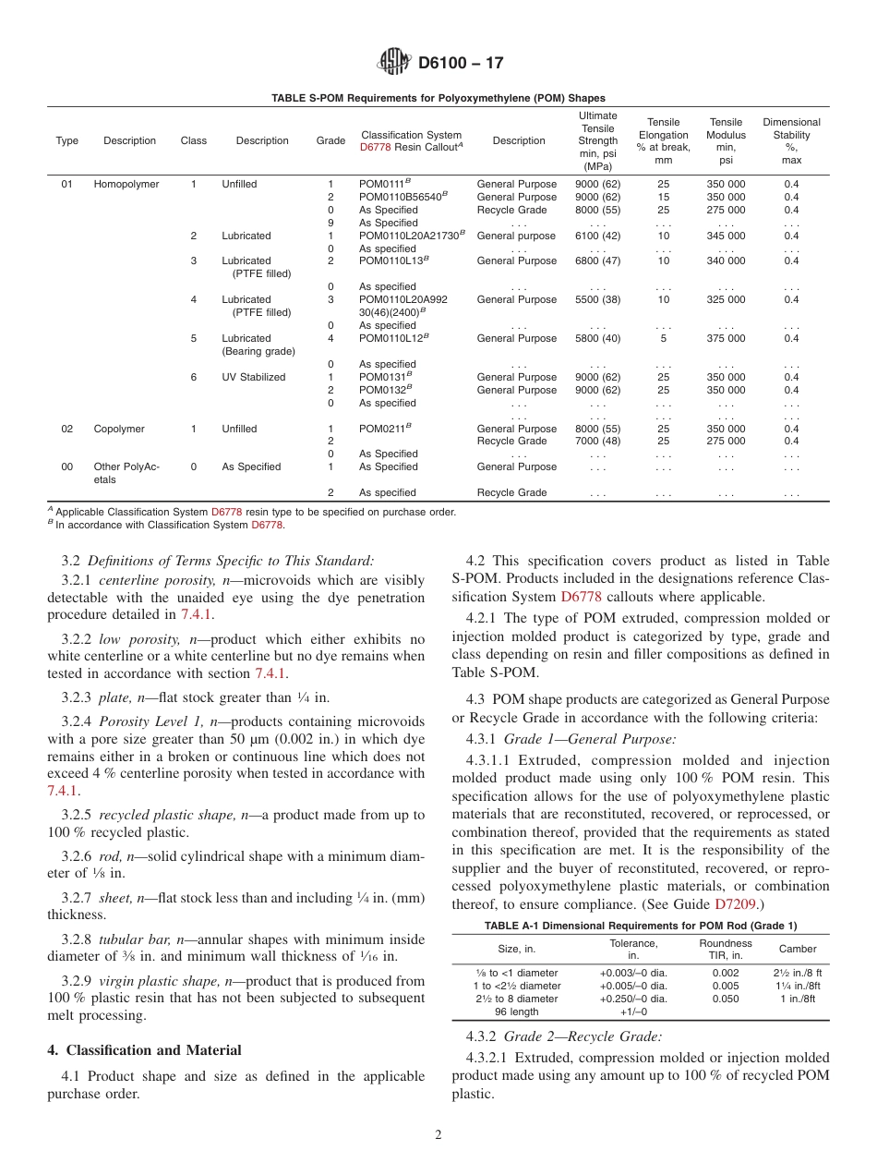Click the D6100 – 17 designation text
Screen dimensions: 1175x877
pos(461,64)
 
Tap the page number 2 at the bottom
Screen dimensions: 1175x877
pos(438,1135)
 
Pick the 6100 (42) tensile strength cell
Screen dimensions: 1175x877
pos(598,236)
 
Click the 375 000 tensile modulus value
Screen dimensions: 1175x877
pos(726,338)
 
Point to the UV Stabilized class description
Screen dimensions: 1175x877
pos(253,377)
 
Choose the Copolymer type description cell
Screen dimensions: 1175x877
pos(116,429)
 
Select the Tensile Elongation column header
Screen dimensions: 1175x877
pos(663,140)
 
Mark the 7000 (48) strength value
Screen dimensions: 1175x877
pos(598,442)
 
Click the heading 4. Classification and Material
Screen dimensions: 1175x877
pos(144,1050)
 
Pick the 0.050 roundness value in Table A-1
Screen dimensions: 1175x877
pos(726,999)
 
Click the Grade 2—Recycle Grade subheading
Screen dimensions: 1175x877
pos(583,1036)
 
